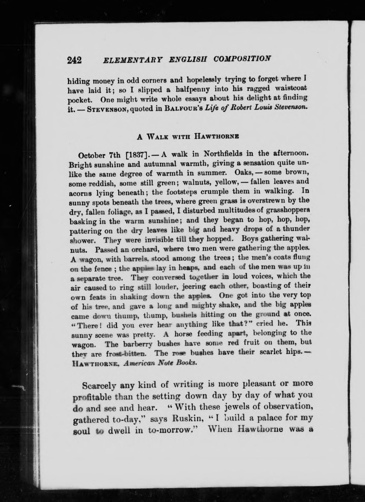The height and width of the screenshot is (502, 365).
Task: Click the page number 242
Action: point(74,60)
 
